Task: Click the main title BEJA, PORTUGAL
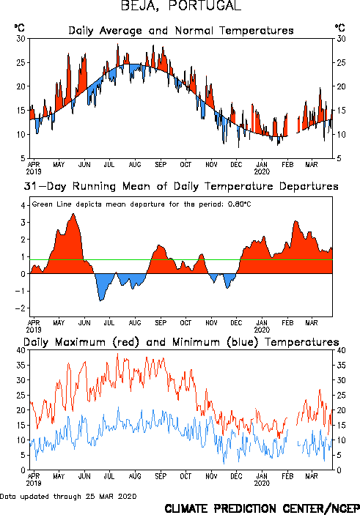click(x=181, y=6)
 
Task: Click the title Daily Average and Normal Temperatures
click(x=181, y=31)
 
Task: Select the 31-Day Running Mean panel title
click(x=181, y=186)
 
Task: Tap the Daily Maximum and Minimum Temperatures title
click(x=181, y=342)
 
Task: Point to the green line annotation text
click(x=142, y=204)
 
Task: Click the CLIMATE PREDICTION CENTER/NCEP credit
click(x=262, y=508)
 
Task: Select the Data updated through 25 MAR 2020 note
click(x=68, y=496)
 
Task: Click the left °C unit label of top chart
click(x=19, y=28)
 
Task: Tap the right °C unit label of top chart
click(x=340, y=28)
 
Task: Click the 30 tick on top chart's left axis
click(x=21, y=39)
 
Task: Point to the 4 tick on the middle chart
click(x=23, y=206)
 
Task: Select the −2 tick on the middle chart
click(x=21, y=308)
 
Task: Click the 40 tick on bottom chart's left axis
click(x=21, y=350)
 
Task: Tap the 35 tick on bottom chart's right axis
click(x=341, y=366)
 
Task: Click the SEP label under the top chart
click(x=161, y=164)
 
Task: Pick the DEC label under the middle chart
click(x=236, y=323)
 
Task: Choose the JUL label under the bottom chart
click(x=109, y=476)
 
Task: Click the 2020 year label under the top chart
click(x=262, y=171)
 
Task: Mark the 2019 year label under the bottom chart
click(x=34, y=483)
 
